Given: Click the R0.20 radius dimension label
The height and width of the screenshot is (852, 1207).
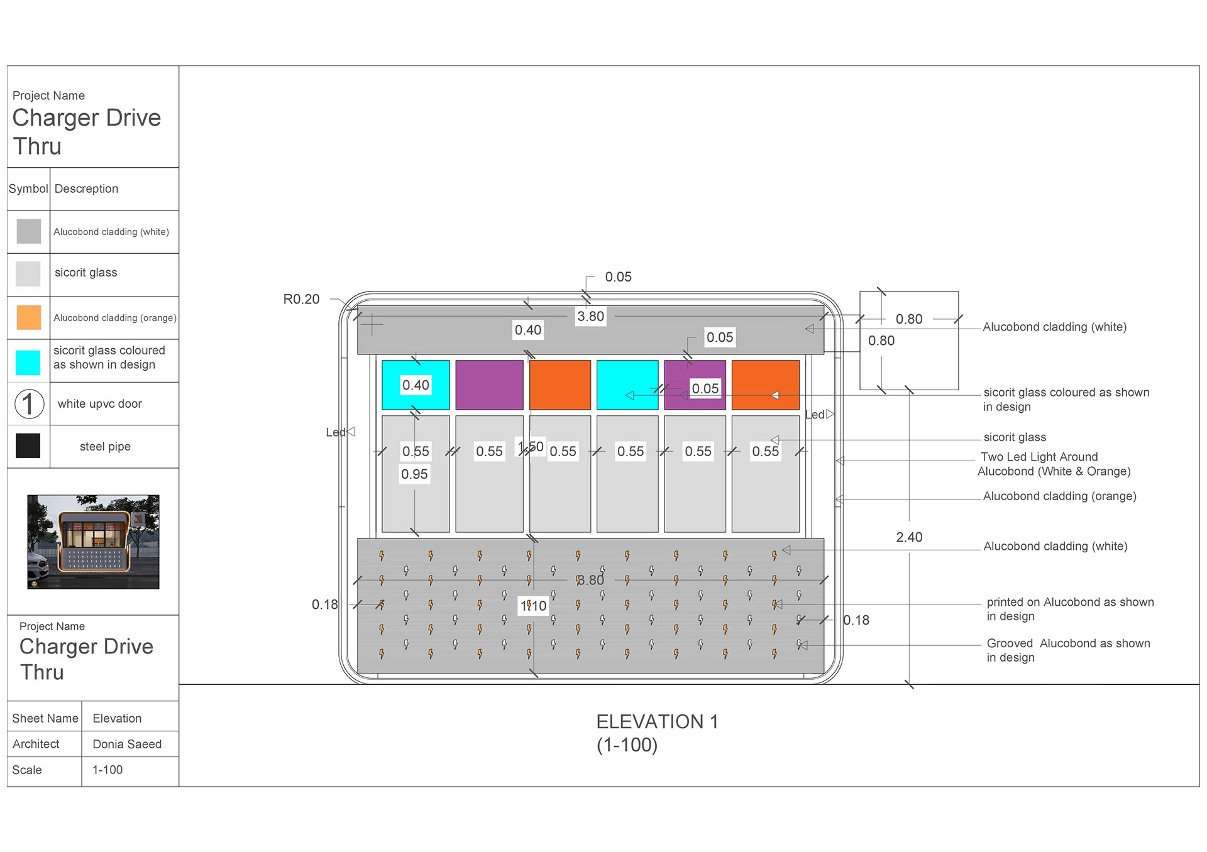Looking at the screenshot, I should [301, 299].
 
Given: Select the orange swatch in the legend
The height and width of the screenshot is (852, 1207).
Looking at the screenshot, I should [28, 317].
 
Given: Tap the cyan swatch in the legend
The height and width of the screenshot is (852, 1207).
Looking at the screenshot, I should [28, 362].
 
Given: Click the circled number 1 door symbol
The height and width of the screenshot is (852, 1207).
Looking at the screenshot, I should [29, 403].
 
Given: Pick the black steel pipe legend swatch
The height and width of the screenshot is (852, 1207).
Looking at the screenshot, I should [28, 445].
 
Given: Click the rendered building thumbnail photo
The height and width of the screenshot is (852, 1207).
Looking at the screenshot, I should [93, 542].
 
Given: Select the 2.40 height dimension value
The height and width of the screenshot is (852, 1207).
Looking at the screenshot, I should [909, 537].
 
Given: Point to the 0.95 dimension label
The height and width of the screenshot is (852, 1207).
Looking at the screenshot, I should [414, 474].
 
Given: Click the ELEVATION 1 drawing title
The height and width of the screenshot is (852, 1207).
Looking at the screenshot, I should [657, 722].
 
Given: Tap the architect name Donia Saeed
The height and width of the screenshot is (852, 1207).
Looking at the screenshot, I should [127, 744].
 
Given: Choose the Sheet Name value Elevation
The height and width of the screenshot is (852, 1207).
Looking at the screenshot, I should [117, 718].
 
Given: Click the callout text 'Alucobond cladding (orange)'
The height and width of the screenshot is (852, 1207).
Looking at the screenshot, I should [1059, 496].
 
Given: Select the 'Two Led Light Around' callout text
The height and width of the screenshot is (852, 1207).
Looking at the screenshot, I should [1039, 457].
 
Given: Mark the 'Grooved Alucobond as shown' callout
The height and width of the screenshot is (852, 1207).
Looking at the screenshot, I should [1068, 643].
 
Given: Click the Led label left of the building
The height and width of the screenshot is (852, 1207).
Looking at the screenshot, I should [335, 432].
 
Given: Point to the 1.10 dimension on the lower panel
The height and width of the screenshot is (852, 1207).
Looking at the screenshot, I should [534, 606].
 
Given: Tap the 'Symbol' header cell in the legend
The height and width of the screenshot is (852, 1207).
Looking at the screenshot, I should [28, 188].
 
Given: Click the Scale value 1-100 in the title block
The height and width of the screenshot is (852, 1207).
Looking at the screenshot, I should [107, 770].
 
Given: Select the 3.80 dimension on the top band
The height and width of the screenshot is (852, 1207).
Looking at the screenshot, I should [590, 317].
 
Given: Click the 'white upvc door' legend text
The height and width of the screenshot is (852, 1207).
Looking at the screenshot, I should [100, 404].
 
